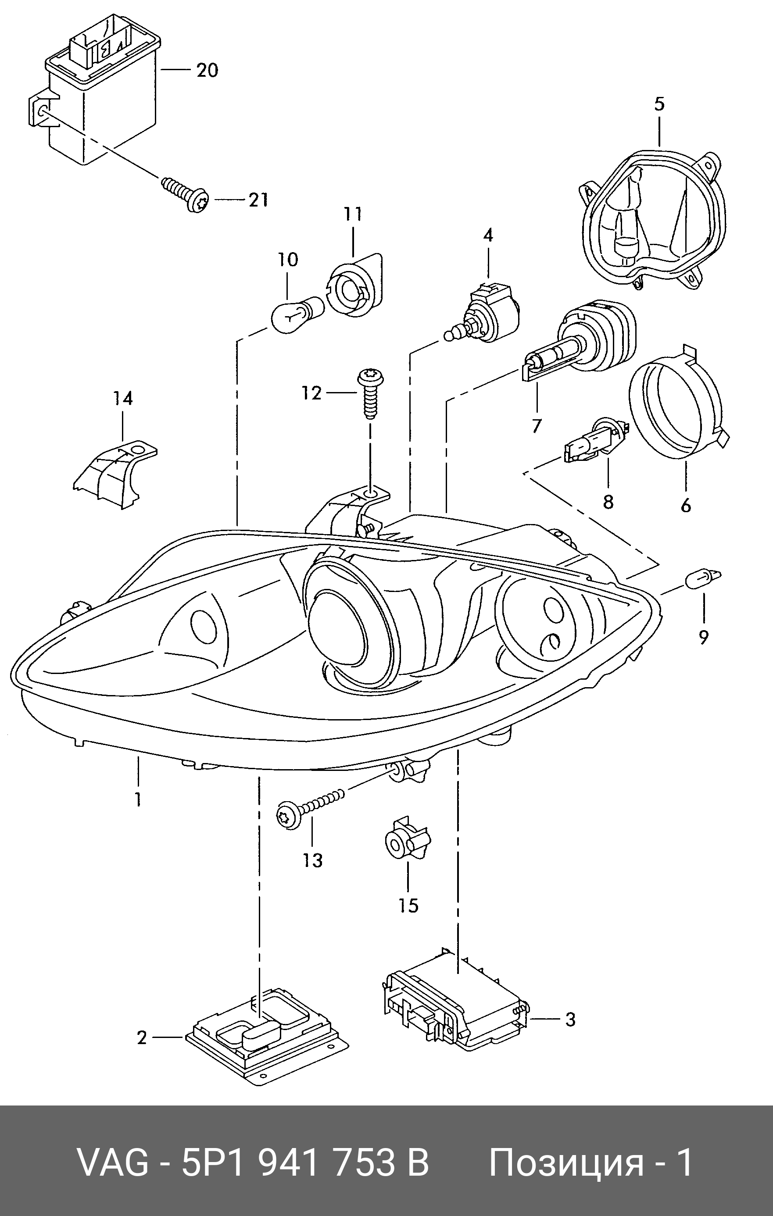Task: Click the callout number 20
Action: click(x=207, y=70)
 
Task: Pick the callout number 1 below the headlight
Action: click(x=137, y=799)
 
